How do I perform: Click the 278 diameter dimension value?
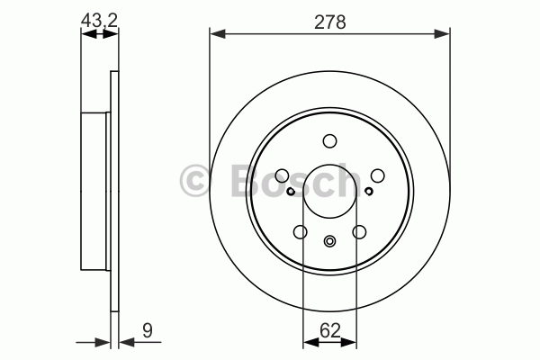(330, 22)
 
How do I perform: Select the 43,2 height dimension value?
(100, 21)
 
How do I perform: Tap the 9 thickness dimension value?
(148, 331)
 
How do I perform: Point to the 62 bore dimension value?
(330, 330)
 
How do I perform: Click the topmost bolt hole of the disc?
(329, 141)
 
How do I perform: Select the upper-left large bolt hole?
(282, 175)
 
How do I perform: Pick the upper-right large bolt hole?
(377, 175)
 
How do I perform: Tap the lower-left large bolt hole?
(301, 232)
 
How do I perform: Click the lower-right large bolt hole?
(359, 232)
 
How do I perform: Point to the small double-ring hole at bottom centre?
(329, 241)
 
